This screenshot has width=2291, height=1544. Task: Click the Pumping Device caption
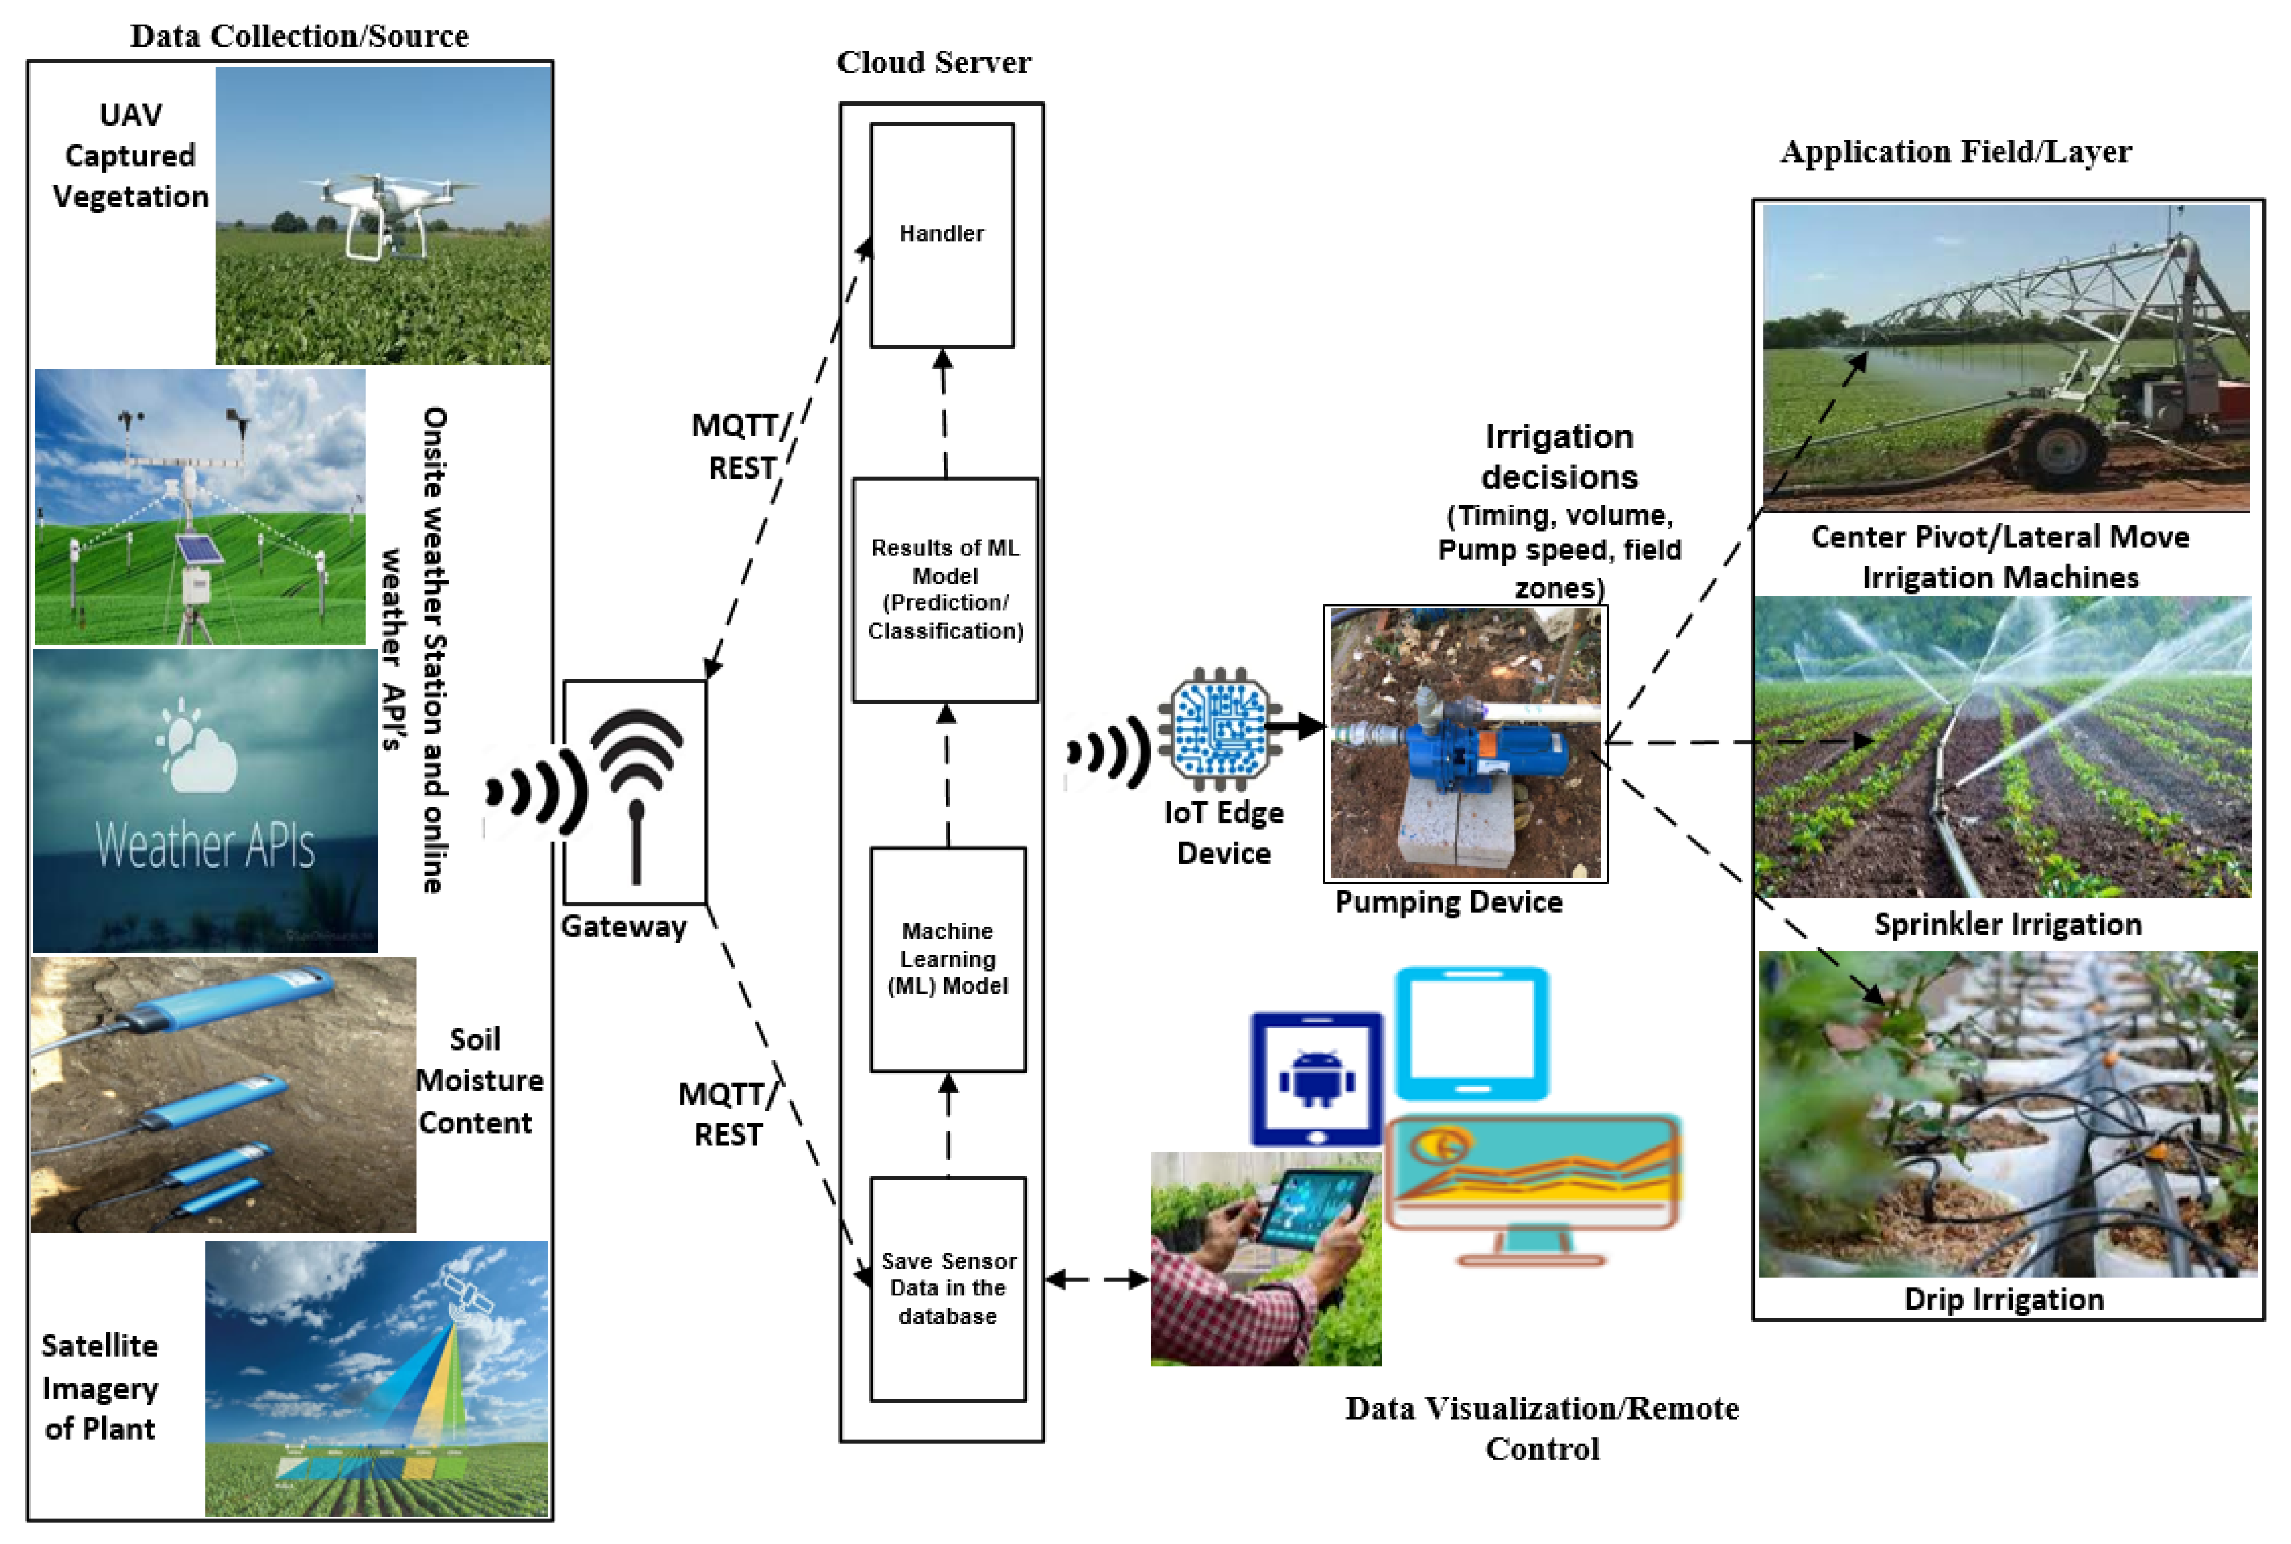[x=1448, y=902]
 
